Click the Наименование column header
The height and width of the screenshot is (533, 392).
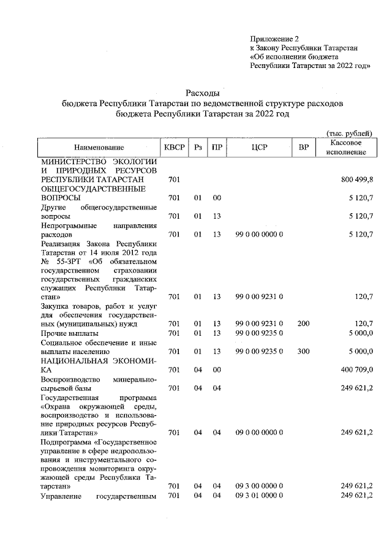click(99, 148)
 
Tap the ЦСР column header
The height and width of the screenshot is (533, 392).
click(259, 148)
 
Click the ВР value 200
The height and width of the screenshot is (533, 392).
click(303, 323)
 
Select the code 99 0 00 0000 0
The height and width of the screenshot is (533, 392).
click(259, 233)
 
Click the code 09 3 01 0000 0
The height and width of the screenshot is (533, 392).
click(259, 495)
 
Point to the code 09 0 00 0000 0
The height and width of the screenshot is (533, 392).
click(259, 432)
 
